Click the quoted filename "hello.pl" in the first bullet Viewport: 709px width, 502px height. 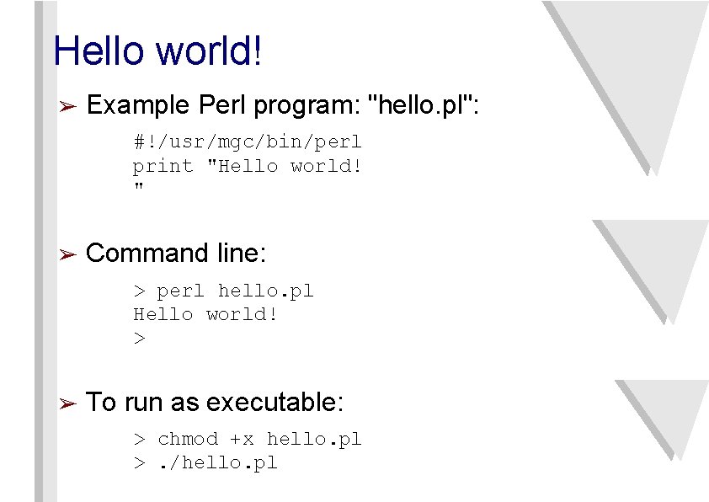pos(418,106)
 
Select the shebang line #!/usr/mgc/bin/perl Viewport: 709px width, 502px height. pos(247,142)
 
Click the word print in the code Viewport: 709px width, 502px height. pos(163,166)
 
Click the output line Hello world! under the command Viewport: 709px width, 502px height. pos(205,314)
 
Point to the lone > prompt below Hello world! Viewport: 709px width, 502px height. pos(139,339)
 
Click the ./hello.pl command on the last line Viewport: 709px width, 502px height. pos(218,462)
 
